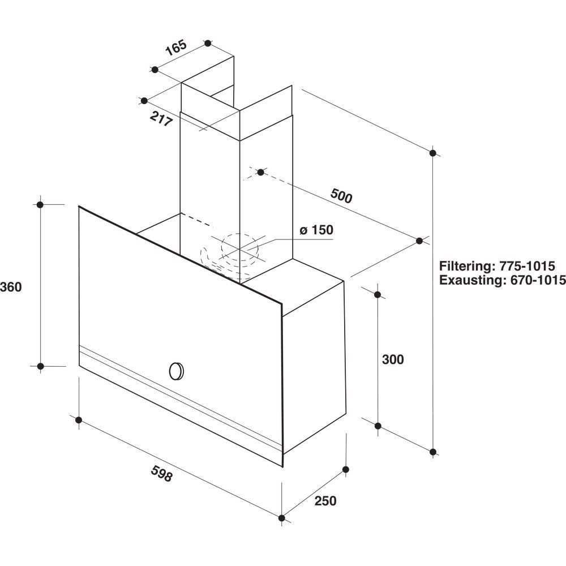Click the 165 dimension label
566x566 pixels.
[176, 48]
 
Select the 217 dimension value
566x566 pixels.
[161, 119]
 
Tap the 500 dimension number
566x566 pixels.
[341, 196]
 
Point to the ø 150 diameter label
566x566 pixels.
[316, 230]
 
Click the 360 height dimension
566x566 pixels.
[11, 287]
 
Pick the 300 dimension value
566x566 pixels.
[393, 359]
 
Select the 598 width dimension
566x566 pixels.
[162, 473]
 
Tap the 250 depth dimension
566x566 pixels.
[325, 501]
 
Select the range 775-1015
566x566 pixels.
[527, 266]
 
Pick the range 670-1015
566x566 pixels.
[538, 280]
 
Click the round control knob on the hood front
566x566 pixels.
[176, 371]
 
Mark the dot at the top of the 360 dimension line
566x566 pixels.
[40, 205]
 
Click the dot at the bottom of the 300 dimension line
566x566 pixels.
[378, 426]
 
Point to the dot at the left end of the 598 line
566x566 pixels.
[79, 420]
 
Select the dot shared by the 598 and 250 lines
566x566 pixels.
[282, 518]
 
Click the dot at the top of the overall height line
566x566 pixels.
[434, 153]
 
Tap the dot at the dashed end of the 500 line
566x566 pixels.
[260, 172]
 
